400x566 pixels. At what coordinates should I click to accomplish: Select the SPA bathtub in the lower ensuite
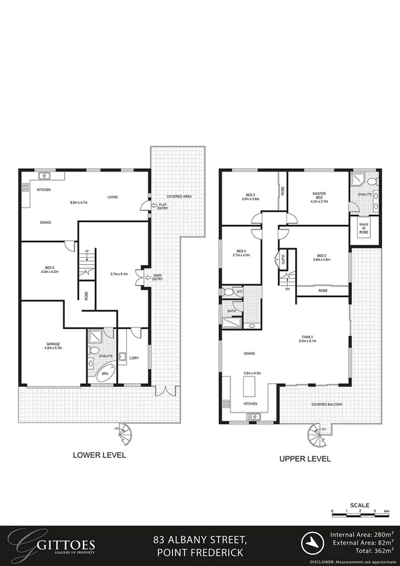click(x=103, y=375)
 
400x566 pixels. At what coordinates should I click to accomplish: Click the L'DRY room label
click(x=134, y=358)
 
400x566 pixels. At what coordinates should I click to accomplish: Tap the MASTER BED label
click(x=318, y=196)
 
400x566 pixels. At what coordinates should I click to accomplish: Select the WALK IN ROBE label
click(x=364, y=228)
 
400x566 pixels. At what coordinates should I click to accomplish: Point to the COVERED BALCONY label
click(x=324, y=404)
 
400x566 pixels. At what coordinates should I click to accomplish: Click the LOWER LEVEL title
click(x=99, y=455)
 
